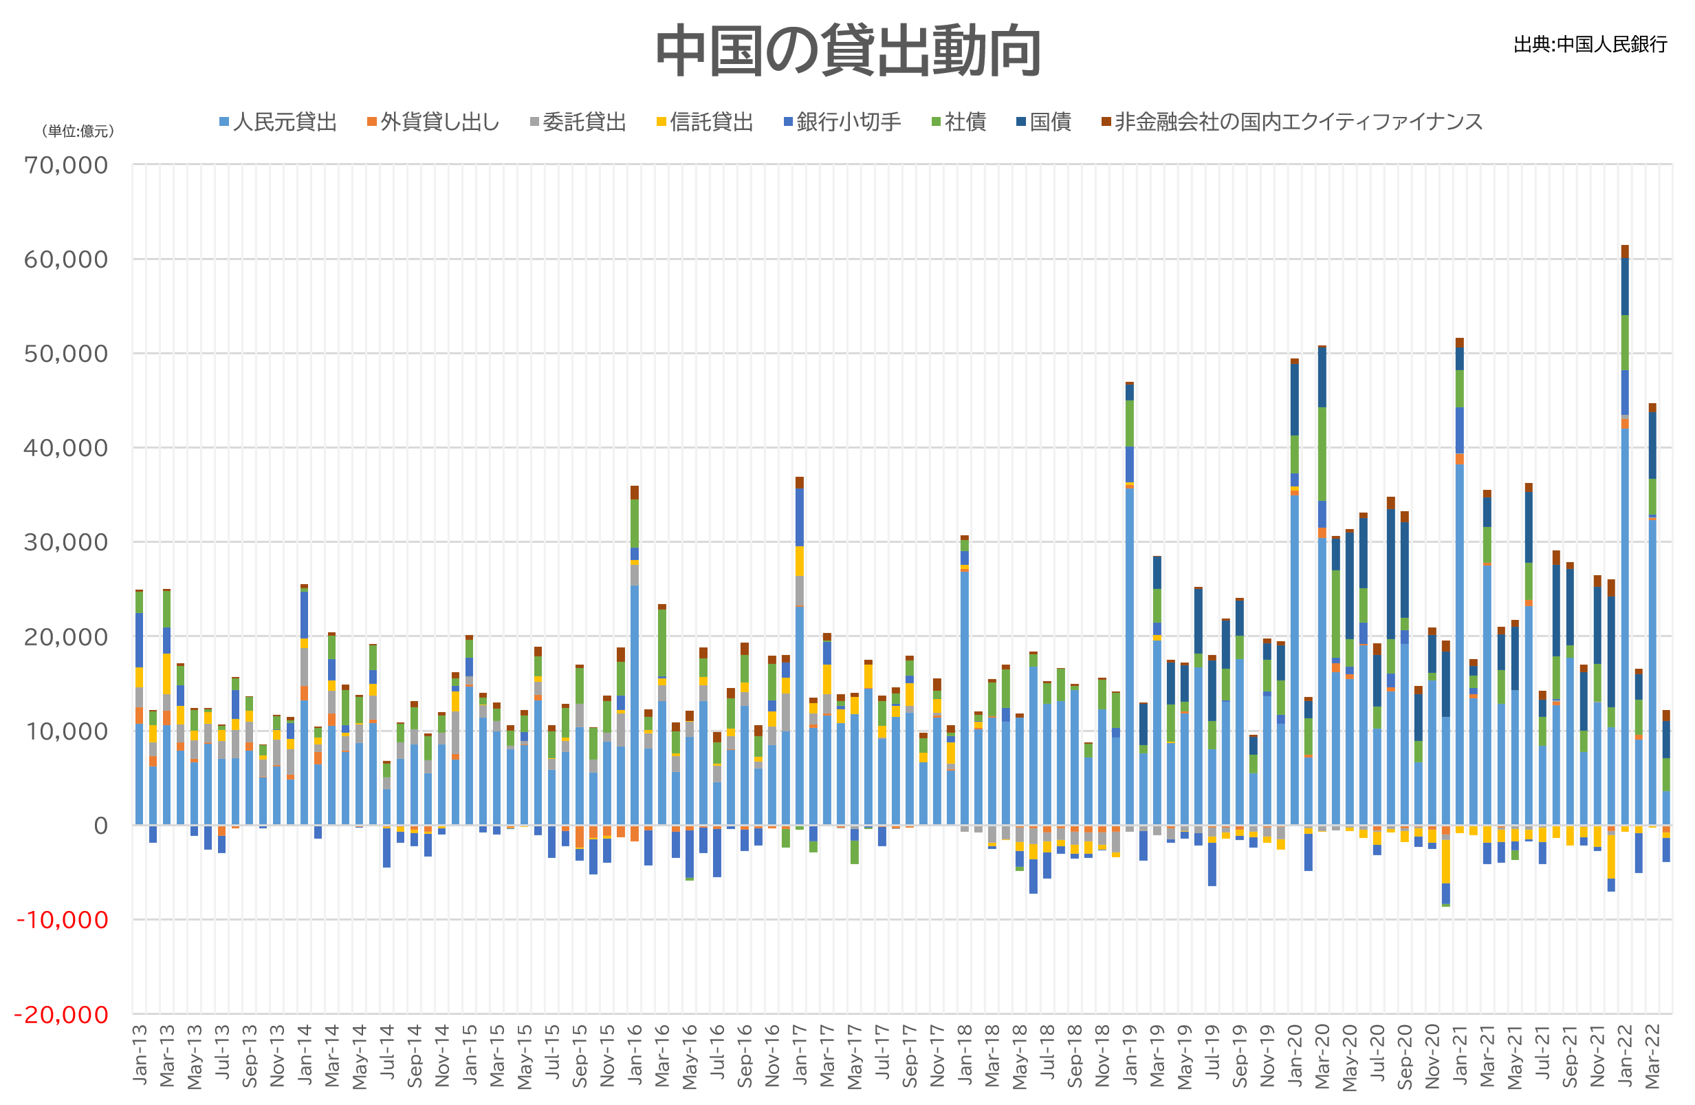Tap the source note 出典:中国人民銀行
[1590, 44]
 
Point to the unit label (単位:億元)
[78, 131]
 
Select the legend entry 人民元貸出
[278, 122]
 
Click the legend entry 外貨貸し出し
[433, 122]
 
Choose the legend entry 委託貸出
[578, 122]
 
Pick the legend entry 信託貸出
[704, 122]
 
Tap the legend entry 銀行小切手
[842, 122]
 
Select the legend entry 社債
[959, 122]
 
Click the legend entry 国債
[1043, 122]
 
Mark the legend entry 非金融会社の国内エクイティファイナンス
[1292, 122]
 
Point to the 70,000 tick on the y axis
[66, 165]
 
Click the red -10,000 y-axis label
[63, 920]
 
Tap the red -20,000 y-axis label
[62, 1014]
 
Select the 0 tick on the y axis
[101, 826]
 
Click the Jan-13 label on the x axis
[140, 1054]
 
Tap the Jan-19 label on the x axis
[1130, 1054]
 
